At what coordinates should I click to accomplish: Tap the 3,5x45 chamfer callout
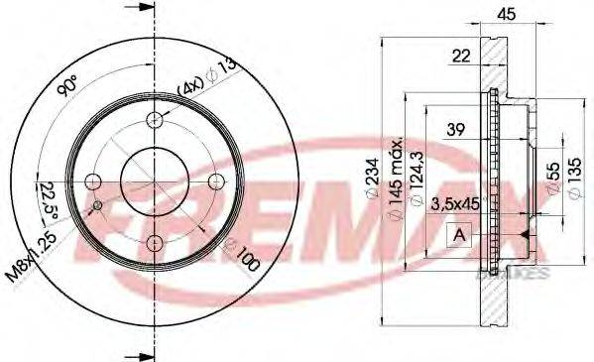(x=455, y=205)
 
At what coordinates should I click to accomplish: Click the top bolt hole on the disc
(x=154, y=120)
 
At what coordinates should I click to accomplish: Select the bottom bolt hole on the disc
(x=154, y=243)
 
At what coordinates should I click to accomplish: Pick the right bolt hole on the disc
(x=215, y=181)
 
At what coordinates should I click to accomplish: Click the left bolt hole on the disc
(x=92, y=181)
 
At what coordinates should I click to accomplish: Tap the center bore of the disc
(x=154, y=181)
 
